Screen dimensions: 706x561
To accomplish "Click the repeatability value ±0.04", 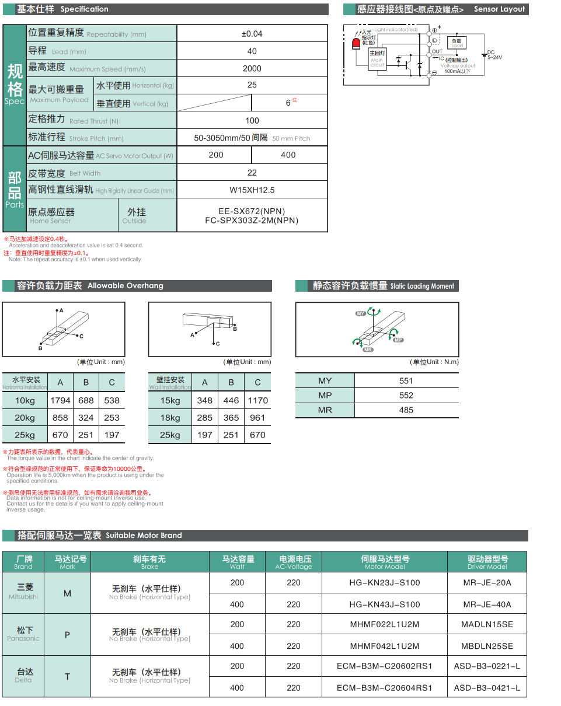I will click(252, 34).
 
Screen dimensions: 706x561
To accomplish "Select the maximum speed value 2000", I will click(252, 68).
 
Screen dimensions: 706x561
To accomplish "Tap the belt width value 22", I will click(252, 173).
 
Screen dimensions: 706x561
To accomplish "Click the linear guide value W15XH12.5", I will click(252, 190).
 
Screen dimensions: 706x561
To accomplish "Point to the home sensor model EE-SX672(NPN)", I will click(252, 211).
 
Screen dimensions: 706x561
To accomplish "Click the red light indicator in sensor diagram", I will click(356, 43).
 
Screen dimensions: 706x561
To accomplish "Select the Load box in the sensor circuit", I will click(457, 43).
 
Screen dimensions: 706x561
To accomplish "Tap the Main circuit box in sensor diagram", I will click(377, 58).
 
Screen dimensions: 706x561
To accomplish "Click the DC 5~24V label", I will click(494, 55).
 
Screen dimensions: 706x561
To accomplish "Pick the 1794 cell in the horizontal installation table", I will click(60, 401).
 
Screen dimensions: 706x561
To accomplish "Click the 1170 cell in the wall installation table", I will click(257, 401).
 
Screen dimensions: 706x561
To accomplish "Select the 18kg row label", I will click(170, 418).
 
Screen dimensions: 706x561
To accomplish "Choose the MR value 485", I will click(406, 410).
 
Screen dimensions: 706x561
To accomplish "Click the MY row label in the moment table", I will click(325, 381).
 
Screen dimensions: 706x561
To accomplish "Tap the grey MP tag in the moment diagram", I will click(398, 340).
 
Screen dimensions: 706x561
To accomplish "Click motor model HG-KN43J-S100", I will click(385, 604).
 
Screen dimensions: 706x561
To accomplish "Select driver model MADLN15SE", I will click(487, 624).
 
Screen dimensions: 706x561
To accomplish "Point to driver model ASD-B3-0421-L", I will click(487, 688).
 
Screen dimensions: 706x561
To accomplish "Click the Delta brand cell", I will click(24, 676).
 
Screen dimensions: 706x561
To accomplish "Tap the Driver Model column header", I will click(487, 562).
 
